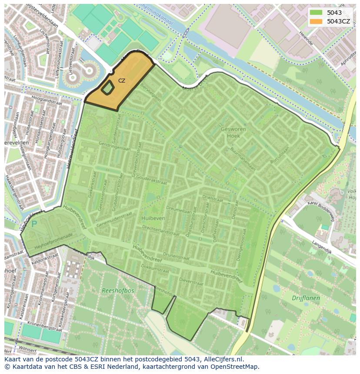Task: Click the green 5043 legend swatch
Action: [x=316, y=13]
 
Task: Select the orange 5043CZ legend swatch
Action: [x=316, y=21]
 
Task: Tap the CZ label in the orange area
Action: [x=122, y=81]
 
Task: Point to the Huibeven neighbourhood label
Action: [x=153, y=218]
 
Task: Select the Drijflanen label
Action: [x=306, y=298]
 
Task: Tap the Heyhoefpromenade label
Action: [x=53, y=235]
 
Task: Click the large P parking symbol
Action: [x=34, y=224]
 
